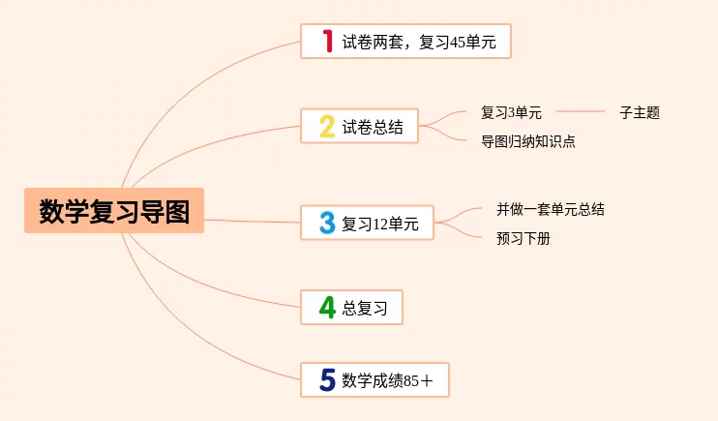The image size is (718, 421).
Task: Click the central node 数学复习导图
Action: [114, 211]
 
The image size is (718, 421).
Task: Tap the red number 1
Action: [327, 41]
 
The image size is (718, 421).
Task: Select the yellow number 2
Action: [327, 126]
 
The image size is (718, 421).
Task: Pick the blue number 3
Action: [327, 223]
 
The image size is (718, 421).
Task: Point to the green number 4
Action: [327, 308]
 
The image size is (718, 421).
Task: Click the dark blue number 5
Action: [327, 380]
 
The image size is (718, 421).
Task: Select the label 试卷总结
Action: [373, 127]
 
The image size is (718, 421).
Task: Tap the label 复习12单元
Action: [380, 224]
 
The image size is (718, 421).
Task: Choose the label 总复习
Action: [365, 309]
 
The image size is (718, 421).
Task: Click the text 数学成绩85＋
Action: [388, 381]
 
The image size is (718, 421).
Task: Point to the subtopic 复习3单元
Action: [511, 112]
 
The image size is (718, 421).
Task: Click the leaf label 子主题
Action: [640, 112]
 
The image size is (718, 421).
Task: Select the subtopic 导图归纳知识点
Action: [528, 141]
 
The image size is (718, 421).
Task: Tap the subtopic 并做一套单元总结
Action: [551, 208]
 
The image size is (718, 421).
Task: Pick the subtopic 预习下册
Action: [524, 238]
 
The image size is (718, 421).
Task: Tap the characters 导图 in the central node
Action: [168, 211]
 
